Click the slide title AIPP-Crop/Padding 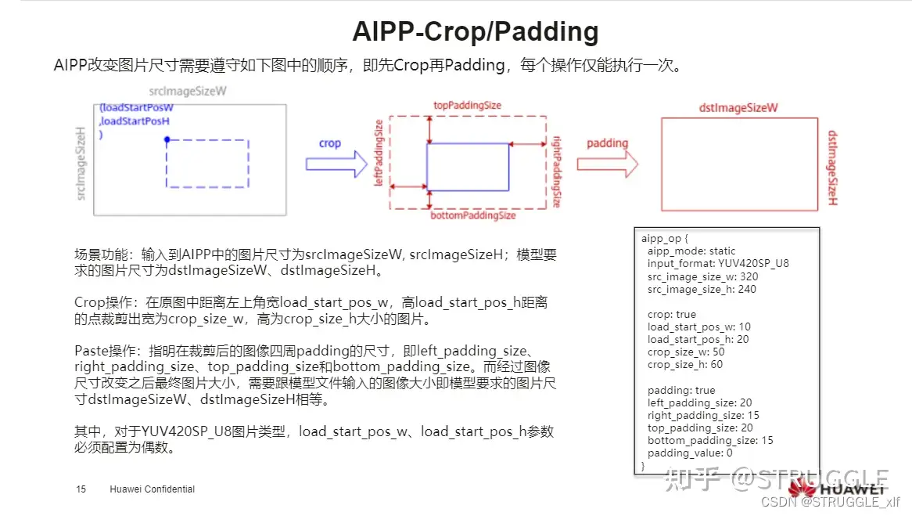pyautogui.click(x=476, y=32)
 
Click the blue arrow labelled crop pyautogui.click(x=336, y=164)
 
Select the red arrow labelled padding pyautogui.click(x=607, y=164)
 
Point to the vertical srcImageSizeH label pyautogui.click(x=80, y=162)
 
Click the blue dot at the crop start pyautogui.click(x=167, y=140)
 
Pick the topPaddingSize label pyautogui.click(x=467, y=105)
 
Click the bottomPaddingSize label pyautogui.click(x=473, y=215)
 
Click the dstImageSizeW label pyautogui.click(x=738, y=108)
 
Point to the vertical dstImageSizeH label pyautogui.click(x=832, y=168)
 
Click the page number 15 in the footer pyautogui.click(x=81, y=489)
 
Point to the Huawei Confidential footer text pyautogui.click(x=152, y=489)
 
